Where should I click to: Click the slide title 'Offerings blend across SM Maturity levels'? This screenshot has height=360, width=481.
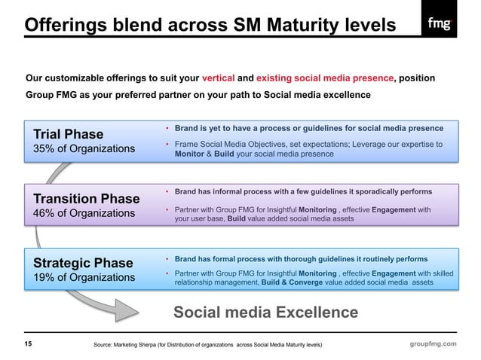tap(210, 26)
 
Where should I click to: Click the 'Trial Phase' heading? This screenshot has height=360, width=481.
tap(68, 134)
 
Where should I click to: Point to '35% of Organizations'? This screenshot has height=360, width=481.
tap(84, 148)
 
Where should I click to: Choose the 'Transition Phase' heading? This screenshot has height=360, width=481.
tap(86, 199)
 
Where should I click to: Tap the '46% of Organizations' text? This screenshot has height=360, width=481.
tap(84, 213)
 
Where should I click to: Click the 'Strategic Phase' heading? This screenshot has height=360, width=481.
tap(83, 263)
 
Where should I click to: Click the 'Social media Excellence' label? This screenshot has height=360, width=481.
tap(266, 313)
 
